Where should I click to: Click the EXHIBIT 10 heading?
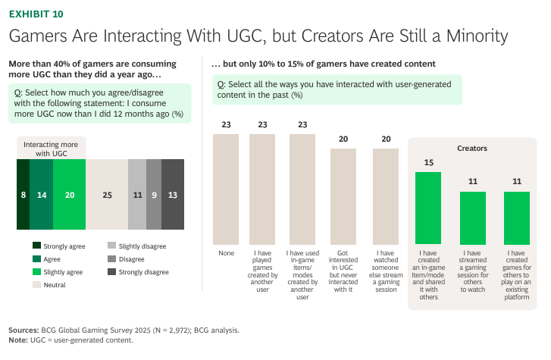coord(36,14)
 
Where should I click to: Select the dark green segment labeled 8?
coord(23,195)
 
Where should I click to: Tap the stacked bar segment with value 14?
coord(42,195)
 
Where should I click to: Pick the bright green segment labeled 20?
coord(70,195)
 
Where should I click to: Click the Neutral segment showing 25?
coord(107,195)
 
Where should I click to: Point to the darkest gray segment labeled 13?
coord(173,195)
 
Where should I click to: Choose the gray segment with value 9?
coord(154,195)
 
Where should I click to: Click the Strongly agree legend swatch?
coord(37,246)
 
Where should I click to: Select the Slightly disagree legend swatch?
coord(111,246)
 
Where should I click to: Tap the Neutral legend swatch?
coord(37,284)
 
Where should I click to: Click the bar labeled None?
coord(226,189)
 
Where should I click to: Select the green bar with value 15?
coord(428,208)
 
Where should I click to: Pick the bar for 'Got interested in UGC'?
coord(343,196)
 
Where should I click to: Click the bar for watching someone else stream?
coord(386,196)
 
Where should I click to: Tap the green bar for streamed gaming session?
coord(473,218)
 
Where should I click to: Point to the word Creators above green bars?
coord(472,149)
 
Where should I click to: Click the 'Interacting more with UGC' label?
coord(52,149)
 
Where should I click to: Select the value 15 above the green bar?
coord(429,162)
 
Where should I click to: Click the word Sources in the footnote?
coord(23,330)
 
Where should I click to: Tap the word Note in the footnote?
coord(18,340)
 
